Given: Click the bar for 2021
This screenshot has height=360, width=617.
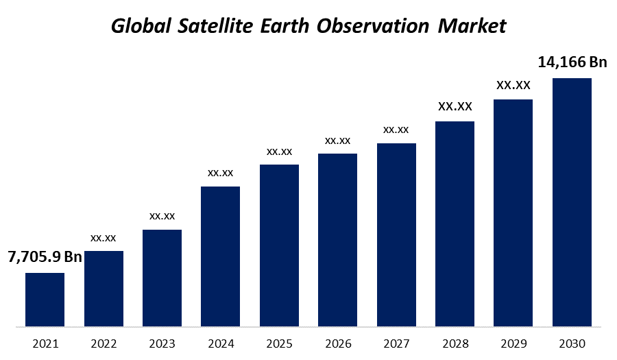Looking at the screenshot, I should pyautogui.click(x=45, y=300).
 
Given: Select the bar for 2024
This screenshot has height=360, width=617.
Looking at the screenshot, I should pyautogui.click(x=220, y=256).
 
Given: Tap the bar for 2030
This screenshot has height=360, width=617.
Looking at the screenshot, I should pyautogui.click(x=572, y=202).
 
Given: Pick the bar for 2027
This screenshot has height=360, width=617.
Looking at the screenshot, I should pyautogui.click(x=396, y=235).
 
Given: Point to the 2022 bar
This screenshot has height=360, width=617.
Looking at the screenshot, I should pyautogui.click(x=104, y=289).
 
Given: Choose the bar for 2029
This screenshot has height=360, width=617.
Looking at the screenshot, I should pyautogui.click(x=513, y=213).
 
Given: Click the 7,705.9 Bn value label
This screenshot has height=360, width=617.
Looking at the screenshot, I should pyautogui.click(x=45, y=257).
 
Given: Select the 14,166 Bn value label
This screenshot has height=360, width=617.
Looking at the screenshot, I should pyautogui.click(x=572, y=62).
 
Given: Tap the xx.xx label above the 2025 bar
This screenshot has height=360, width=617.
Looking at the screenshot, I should pyautogui.click(x=279, y=151).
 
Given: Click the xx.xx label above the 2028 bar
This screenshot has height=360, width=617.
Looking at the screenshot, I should pyautogui.click(x=455, y=106).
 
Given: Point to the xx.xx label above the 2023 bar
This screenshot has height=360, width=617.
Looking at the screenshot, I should pyautogui.click(x=162, y=216).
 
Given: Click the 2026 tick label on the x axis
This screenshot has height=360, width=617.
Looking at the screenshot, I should pyautogui.click(x=338, y=343).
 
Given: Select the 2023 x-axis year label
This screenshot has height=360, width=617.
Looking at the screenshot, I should pyautogui.click(x=162, y=343).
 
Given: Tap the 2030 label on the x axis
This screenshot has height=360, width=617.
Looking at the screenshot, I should pyautogui.click(x=572, y=343).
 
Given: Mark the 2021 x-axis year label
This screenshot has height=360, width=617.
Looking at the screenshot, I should pyautogui.click(x=45, y=343).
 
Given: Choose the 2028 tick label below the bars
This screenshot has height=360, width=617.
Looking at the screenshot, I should pyautogui.click(x=455, y=343).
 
